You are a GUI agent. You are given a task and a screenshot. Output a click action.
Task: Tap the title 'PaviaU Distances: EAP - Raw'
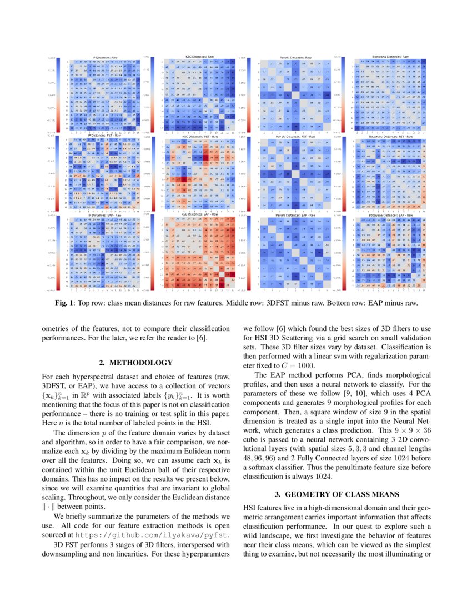(294, 214)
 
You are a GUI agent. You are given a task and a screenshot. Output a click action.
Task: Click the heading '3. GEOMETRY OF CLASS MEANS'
(337, 494)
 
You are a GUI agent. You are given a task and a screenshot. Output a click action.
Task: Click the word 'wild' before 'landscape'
(255, 535)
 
